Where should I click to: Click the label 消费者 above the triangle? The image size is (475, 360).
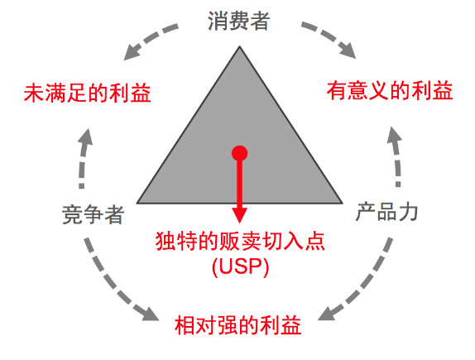click(238, 21)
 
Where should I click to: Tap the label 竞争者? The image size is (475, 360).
click(94, 214)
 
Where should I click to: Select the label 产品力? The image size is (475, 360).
click(386, 211)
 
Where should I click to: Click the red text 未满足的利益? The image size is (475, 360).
click(87, 93)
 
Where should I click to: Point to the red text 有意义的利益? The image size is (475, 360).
click(390, 90)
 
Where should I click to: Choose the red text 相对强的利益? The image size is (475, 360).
click(238, 325)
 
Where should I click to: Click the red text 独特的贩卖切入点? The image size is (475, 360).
click(240, 241)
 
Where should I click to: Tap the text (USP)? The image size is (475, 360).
click(241, 266)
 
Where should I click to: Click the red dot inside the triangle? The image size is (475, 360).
click(240, 153)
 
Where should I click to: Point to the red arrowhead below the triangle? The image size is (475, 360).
click(240, 215)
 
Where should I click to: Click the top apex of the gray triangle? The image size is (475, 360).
click(240, 46)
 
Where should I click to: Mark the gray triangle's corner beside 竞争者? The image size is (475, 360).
click(137, 203)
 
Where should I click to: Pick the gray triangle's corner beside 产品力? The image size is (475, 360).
click(343, 203)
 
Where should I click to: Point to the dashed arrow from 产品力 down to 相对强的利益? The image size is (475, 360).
click(362, 283)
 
